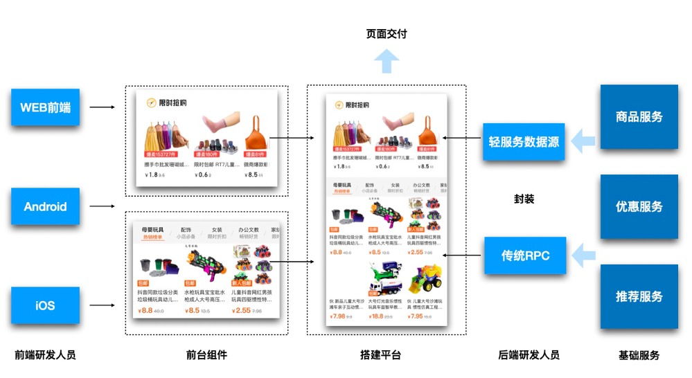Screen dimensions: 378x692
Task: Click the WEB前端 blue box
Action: (46, 107)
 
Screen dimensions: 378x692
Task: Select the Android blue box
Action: (46, 206)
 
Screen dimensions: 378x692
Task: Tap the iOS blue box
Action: (46, 305)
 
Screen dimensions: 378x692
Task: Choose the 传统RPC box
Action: (524, 255)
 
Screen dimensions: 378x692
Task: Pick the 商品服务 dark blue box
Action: (639, 117)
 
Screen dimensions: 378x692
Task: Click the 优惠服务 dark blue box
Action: (639, 206)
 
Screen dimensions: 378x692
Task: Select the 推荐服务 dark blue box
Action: (639, 296)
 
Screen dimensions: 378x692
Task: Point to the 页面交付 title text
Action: (387, 34)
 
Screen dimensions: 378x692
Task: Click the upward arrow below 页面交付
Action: (387, 63)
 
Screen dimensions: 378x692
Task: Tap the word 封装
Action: (524, 199)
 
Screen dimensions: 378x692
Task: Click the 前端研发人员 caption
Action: (45, 355)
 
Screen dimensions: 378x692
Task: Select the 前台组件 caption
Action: (206, 355)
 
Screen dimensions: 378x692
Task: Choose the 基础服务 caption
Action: (639, 355)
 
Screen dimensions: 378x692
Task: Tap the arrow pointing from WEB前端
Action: (103, 107)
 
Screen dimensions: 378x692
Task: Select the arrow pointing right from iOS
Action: (103, 305)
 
